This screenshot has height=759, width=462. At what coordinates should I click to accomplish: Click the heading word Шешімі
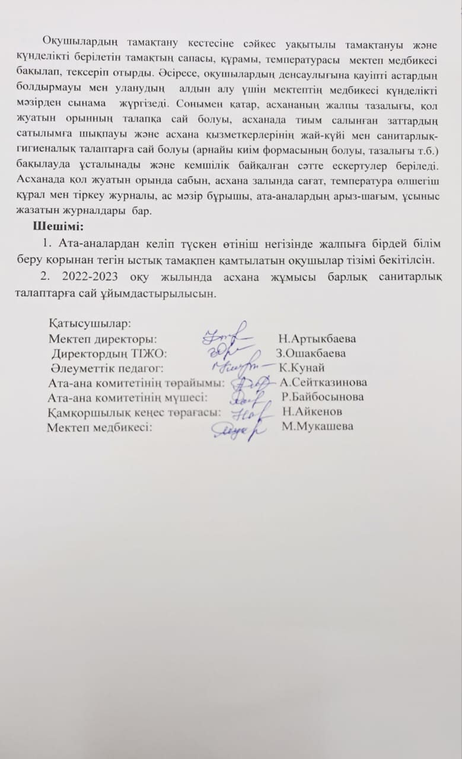click(x=58, y=227)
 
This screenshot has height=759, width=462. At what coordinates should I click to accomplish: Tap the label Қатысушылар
click(x=90, y=324)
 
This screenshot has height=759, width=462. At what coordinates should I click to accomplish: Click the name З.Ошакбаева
click(x=311, y=353)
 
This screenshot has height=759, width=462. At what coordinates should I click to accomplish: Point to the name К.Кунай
click(x=301, y=368)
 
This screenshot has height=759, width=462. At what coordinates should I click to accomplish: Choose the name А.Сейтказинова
click(x=323, y=382)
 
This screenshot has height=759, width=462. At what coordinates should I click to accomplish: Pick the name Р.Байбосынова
click(x=323, y=397)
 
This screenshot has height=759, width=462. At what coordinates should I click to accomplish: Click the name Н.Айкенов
click(x=312, y=412)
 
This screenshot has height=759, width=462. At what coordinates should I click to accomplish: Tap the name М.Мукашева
click(x=318, y=426)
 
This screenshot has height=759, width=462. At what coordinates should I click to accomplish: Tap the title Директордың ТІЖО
click(x=109, y=353)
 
